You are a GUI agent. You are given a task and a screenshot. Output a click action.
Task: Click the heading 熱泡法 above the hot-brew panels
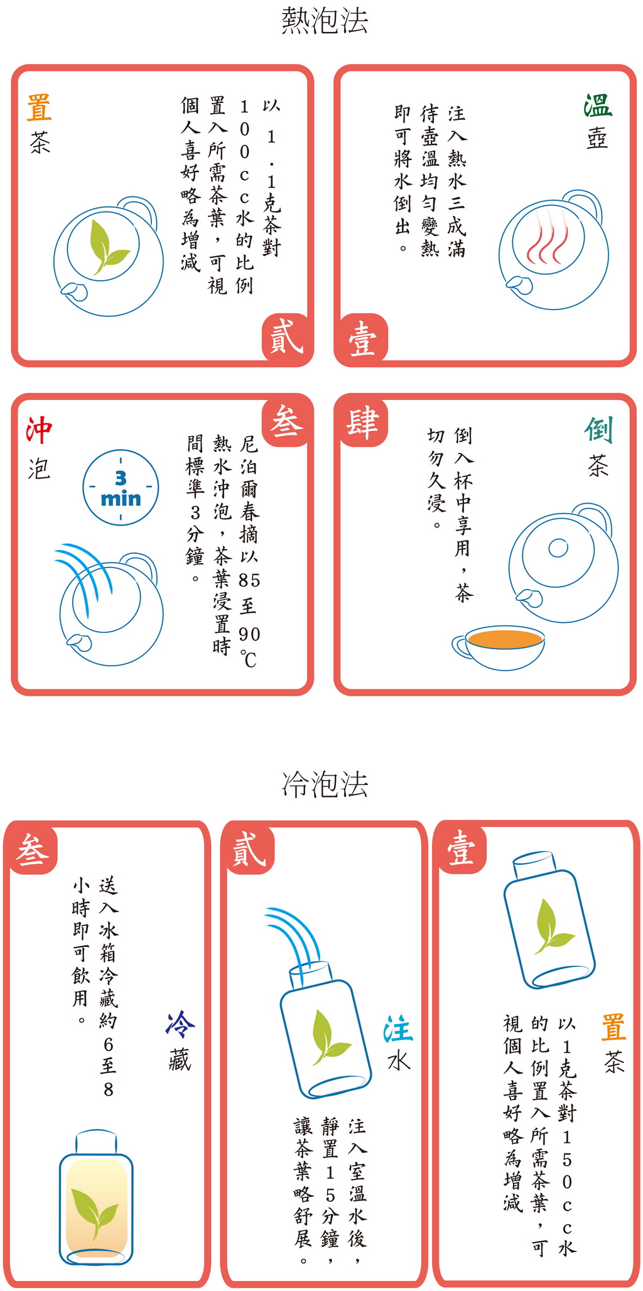coord(324,21)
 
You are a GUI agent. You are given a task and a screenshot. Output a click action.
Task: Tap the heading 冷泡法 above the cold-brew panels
coord(324,784)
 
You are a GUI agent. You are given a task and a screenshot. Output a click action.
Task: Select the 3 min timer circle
coord(121,487)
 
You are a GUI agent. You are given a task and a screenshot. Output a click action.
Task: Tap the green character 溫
coord(597,105)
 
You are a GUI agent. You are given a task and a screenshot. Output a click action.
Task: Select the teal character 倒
coord(598,430)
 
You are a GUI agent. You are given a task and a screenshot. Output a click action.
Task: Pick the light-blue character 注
coord(397,1030)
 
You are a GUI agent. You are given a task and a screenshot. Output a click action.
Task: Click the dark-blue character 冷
coord(180,1024)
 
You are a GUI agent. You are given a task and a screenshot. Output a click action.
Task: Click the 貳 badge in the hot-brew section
coord(286,337)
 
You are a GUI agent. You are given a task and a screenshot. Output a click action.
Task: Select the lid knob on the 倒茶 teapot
coord(558,548)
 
